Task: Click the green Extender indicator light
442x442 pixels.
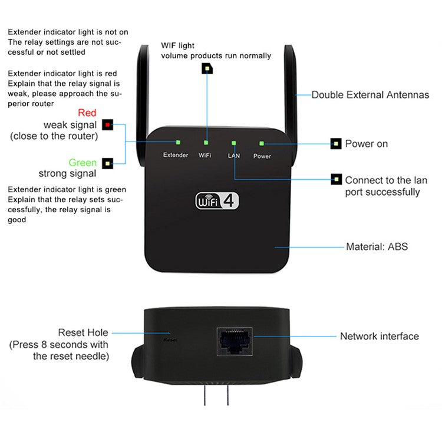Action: click(177, 142)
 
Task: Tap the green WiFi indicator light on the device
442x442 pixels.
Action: click(206, 142)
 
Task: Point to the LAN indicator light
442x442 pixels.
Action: click(234, 143)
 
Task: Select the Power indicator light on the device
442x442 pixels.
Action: click(262, 143)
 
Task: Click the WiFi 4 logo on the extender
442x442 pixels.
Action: click(217, 201)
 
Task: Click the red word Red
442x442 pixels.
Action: click(87, 113)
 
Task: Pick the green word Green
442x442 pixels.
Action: click(83, 163)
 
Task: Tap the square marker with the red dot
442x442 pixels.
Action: click(108, 125)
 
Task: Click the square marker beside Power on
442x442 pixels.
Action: click(336, 143)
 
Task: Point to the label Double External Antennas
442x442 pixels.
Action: click(370, 95)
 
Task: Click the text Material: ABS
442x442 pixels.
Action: click(377, 247)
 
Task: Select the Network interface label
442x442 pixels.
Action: click(379, 337)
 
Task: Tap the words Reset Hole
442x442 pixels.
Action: click(83, 333)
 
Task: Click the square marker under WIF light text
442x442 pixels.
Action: click(207, 69)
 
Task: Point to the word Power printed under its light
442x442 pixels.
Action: click(262, 156)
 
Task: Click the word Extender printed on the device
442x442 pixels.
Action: click(176, 155)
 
